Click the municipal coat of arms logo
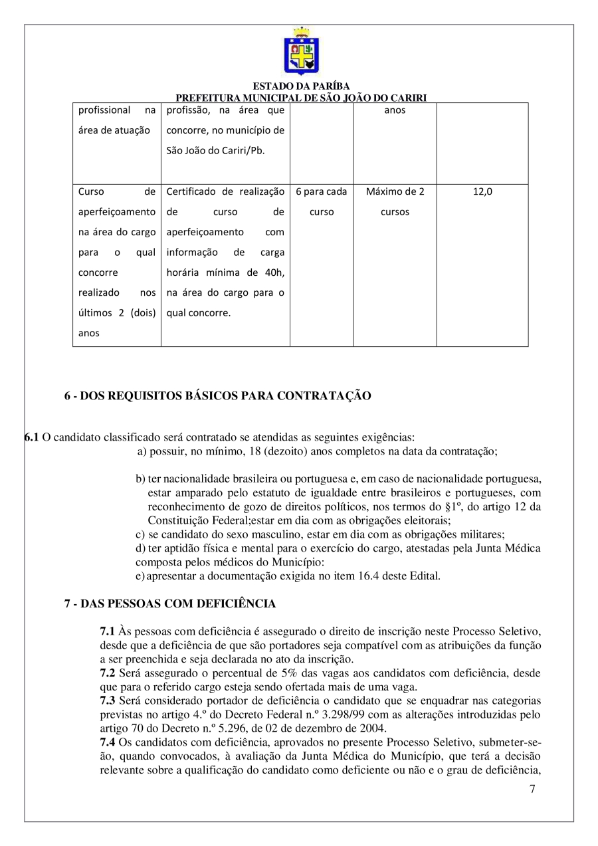coord(301,51)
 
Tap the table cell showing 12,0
coord(482,191)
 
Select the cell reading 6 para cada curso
coord(322,201)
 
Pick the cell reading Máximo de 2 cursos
coord(395,201)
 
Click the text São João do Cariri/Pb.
coord(215,150)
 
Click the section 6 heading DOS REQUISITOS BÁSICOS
coord(217,396)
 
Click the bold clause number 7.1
coord(108,630)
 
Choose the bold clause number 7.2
coord(108,673)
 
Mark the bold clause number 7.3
coord(108,701)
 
